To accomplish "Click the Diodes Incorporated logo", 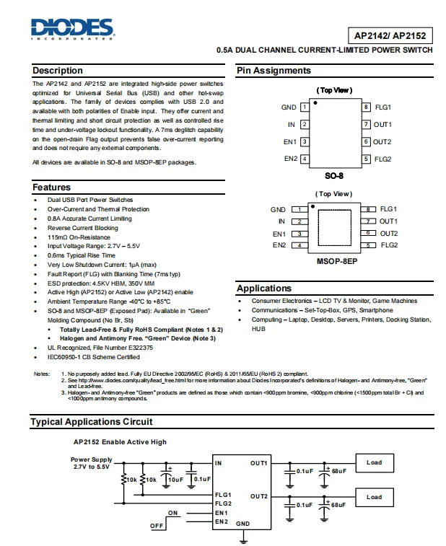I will [x=72, y=29].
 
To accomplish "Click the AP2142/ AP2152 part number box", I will [x=390, y=34].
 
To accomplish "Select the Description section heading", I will [x=58, y=71].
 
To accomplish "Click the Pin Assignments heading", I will [x=274, y=71].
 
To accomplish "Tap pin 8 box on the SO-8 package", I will [x=367, y=107].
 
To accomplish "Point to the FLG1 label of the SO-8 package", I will [x=383, y=107].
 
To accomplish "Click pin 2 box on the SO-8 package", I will [x=305, y=125].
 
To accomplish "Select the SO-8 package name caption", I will [x=336, y=175].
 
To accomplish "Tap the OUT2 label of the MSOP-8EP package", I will [x=389, y=234].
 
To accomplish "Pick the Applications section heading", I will [x=263, y=289].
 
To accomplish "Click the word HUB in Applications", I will [x=258, y=328].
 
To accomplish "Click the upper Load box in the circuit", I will [x=374, y=463].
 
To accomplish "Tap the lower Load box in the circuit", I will [x=374, y=497].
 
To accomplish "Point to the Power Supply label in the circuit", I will [x=91, y=459].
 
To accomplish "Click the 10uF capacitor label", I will [x=175, y=479].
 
